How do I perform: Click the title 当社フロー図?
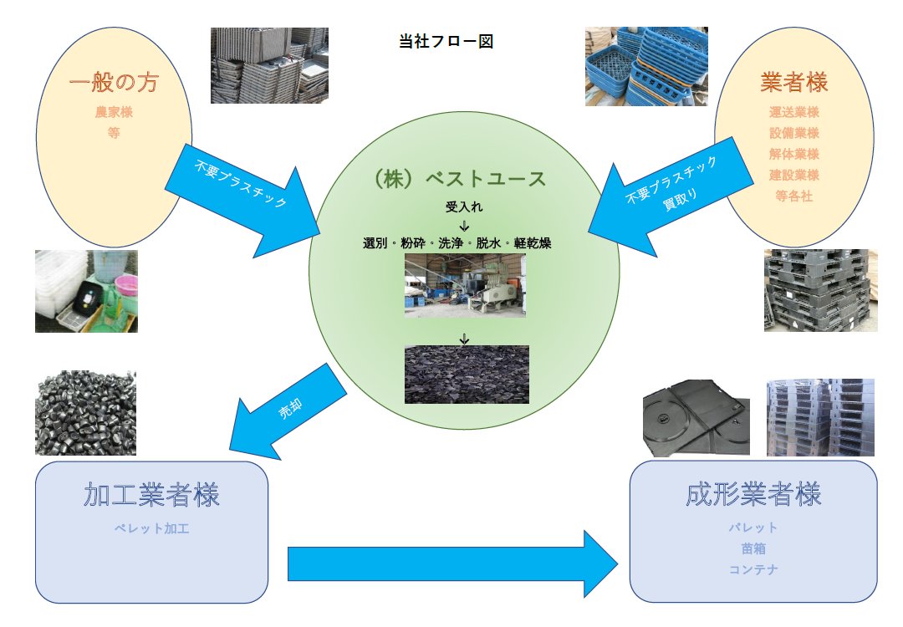tap(446, 42)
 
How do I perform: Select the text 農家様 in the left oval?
tap(114, 112)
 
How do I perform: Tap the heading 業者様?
tap(793, 83)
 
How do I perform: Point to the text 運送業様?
tap(793, 112)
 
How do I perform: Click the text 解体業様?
tap(793, 154)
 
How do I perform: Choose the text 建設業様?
tap(793, 176)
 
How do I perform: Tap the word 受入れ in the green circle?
tap(464, 206)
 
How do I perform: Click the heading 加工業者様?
tap(151, 495)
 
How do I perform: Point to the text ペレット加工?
tap(151, 528)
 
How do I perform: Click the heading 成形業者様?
tap(752, 494)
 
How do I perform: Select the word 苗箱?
tap(752, 548)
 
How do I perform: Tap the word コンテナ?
tap(752, 569)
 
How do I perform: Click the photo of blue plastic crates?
tap(640, 67)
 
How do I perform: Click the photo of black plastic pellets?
tap(85, 413)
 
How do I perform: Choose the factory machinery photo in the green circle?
tap(465, 285)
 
